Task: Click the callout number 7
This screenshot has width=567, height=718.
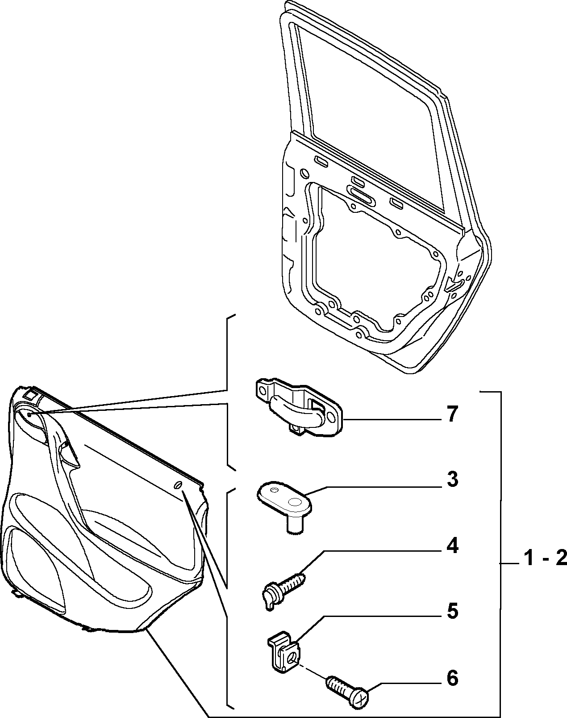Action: coord(452,415)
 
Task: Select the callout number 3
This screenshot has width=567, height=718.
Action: coord(452,479)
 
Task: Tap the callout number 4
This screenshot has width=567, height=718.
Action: coord(452,546)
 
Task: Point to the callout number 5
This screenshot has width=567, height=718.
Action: coord(452,611)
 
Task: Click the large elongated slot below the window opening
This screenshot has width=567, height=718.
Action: coord(362,194)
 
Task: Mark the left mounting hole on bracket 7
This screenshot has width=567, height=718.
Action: coord(263,391)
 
